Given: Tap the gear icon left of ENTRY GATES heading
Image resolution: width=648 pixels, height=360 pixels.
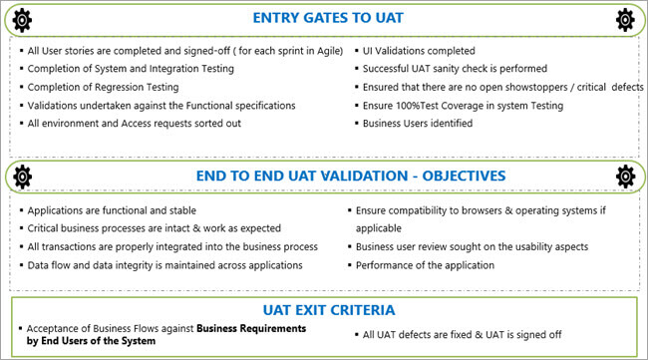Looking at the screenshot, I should click(x=22, y=19).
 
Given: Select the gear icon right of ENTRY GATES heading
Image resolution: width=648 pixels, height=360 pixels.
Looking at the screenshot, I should click(x=626, y=19).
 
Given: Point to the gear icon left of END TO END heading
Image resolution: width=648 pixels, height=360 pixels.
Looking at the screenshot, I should click(x=22, y=177).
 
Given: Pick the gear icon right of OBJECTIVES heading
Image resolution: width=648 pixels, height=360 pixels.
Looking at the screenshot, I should click(x=626, y=177).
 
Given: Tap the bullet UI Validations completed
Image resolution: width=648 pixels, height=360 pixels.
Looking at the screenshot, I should click(x=420, y=51).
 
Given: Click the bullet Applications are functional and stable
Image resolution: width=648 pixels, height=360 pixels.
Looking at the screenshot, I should click(x=113, y=210).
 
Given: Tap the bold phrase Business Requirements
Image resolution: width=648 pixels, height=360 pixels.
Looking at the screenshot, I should click(x=250, y=328).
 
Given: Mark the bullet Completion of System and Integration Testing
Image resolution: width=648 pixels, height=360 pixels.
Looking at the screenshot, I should click(x=131, y=69).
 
